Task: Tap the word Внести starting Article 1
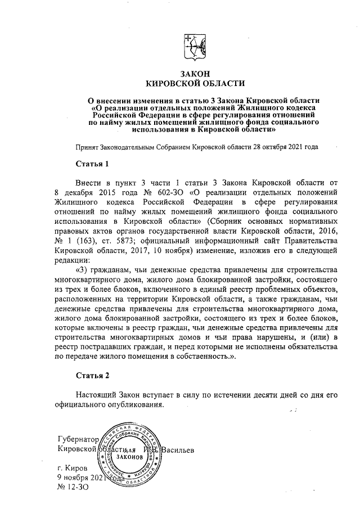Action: click(x=89, y=182)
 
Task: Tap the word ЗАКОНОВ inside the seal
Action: click(x=129, y=458)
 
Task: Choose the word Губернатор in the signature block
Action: click(x=78, y=439)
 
